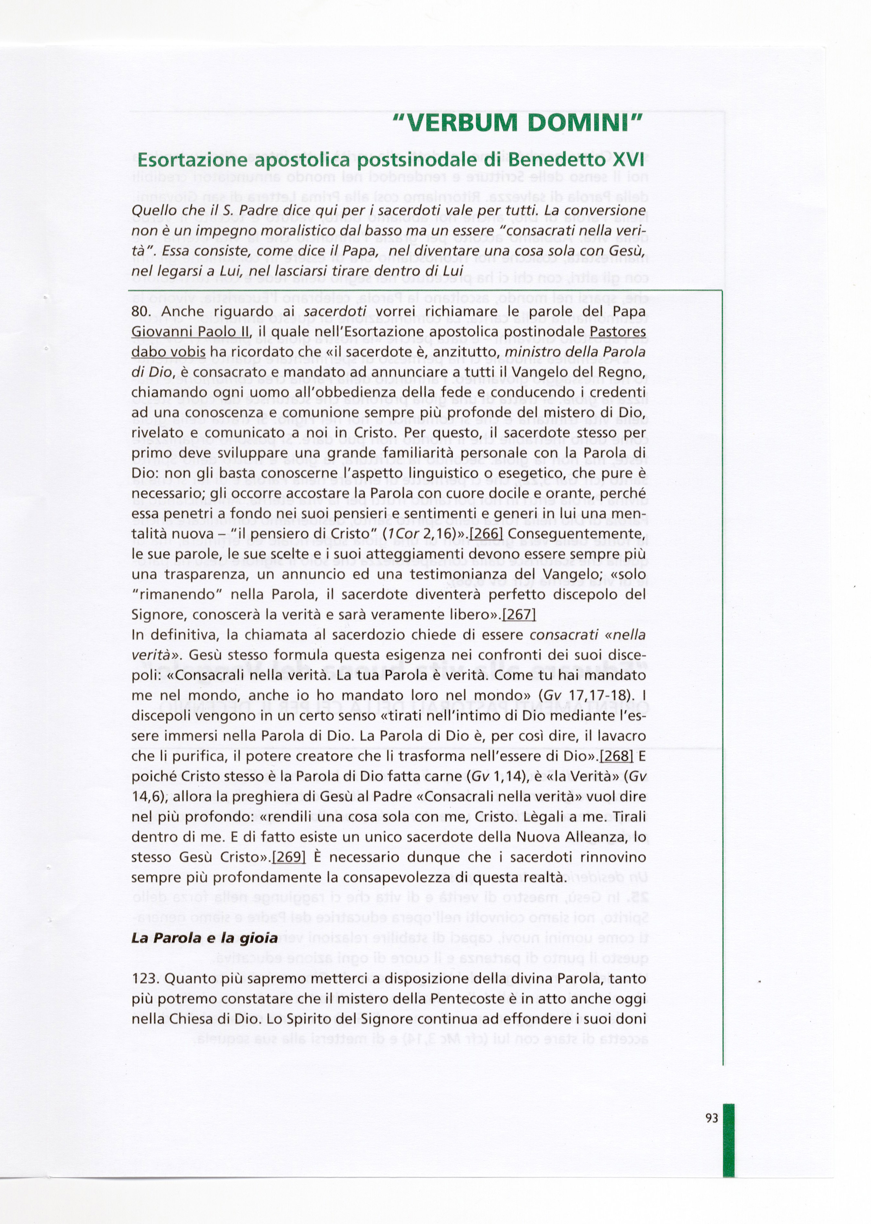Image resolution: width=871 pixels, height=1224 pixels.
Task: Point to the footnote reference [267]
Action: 519,614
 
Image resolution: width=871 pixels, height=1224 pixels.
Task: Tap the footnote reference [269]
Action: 289,857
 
